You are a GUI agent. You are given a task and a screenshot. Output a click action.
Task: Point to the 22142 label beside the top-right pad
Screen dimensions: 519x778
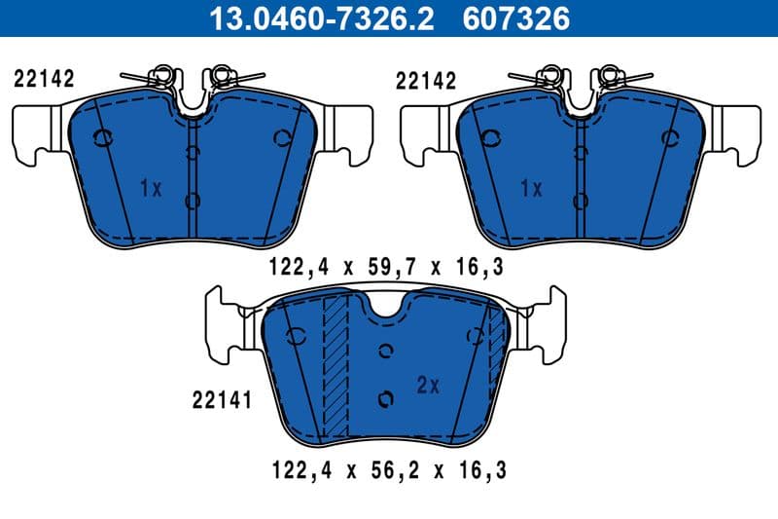[x=426, y=79]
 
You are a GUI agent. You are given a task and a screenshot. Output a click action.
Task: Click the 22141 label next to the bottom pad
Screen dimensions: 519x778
[x=223, y=398]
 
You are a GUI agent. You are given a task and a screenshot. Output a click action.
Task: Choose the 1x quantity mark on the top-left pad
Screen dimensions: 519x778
[x=150, y=188]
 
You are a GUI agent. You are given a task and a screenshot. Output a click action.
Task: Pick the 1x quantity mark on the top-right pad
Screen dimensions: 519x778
[x=531, y=188]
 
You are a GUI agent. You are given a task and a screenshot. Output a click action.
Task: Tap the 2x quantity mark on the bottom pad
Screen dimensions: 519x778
[x=428, y=385]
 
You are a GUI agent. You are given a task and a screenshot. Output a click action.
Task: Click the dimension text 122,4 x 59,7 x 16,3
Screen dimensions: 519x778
[x=387, y=264]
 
